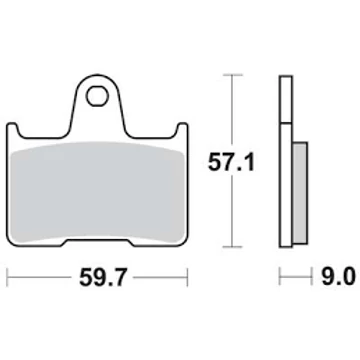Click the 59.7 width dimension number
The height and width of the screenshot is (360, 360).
point(104,277)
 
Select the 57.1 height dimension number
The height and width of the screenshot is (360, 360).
point(231,163)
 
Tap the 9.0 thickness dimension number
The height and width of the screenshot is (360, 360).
point(338,277)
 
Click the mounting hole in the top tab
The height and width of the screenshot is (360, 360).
point(97,96)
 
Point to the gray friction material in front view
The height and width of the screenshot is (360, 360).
point(98,192)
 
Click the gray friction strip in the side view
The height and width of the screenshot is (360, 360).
point(300,191)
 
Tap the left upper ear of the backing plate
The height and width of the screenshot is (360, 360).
point(12,129)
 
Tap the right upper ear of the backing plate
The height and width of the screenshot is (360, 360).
point(182,129)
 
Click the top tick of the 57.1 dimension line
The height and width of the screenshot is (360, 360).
point(232,75)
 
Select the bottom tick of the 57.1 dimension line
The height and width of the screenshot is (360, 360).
point(232,247)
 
